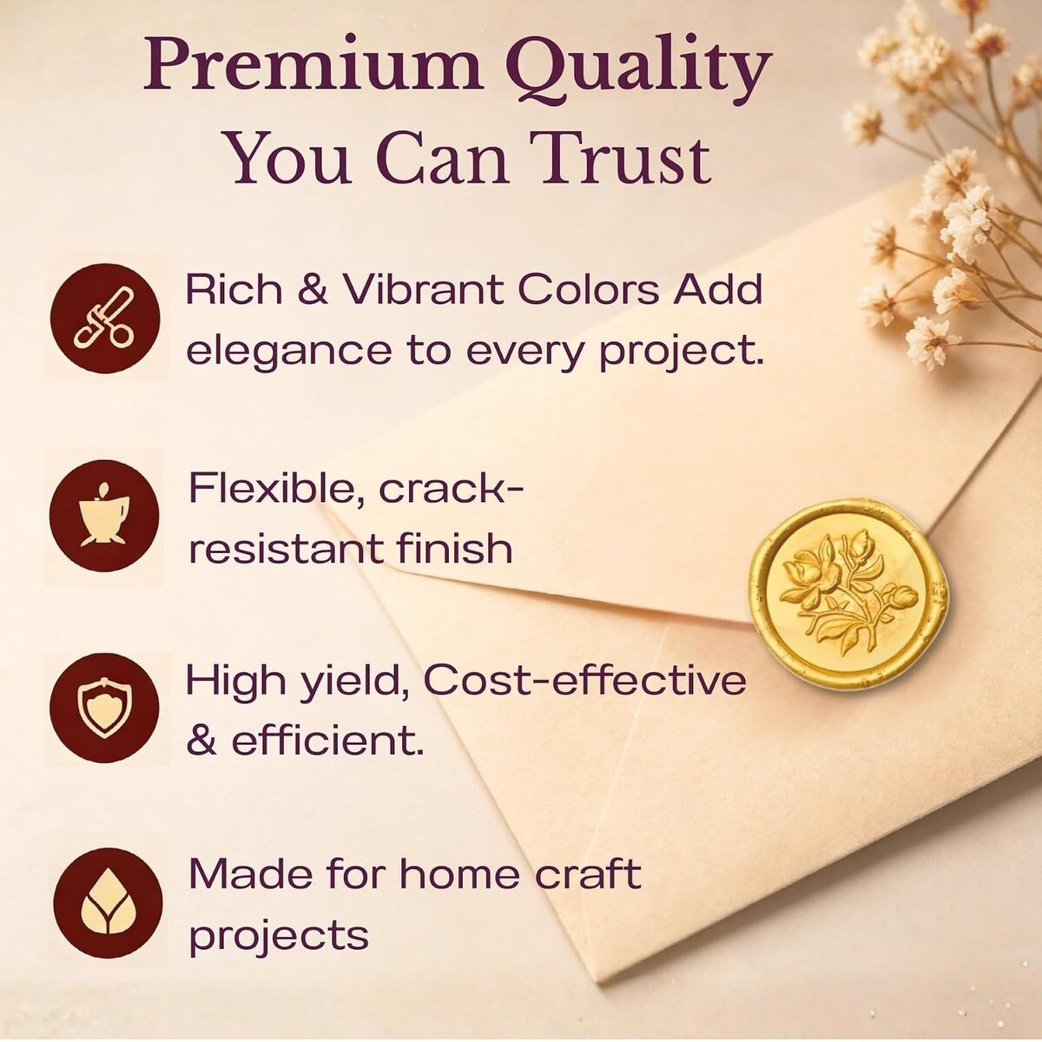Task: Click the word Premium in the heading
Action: coord(313,72)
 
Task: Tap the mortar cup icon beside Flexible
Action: coord(104,516)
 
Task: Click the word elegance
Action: coord(288,352)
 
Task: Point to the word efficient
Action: coord(326,741)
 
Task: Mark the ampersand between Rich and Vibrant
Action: coord(313,290)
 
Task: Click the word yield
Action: coord(352,683)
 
